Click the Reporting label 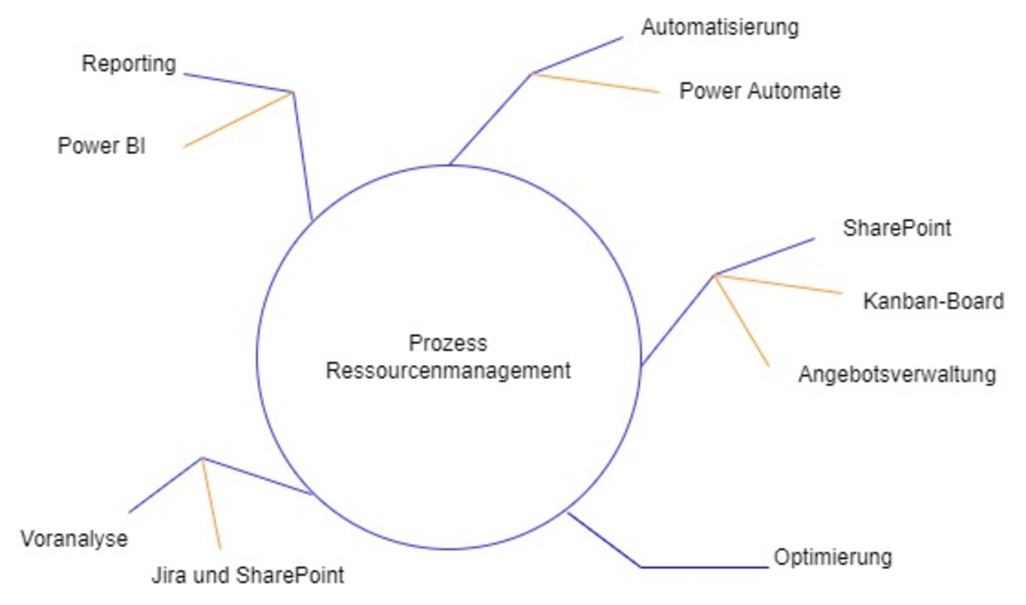[x=129, y=64]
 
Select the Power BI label [x=102, y=146]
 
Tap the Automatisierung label [x=720, y=27]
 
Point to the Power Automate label [x=760, y=91]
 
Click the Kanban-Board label [x=934, y=302]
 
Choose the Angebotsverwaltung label [x=897, y=375]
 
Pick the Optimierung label [x=833, y=558]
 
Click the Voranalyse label [x=74, y=539]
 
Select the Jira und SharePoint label [x=246, y=575]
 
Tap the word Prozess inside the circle [x=448, y=344]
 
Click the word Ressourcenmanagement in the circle [x=448, y=371]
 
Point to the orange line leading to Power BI [x=239, y=120]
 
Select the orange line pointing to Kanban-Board [x=778, y=284]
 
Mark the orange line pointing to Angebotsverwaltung [x=742, y=321]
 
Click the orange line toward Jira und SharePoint [x=211, y=503]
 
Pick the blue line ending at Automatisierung [x=579, y=55]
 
